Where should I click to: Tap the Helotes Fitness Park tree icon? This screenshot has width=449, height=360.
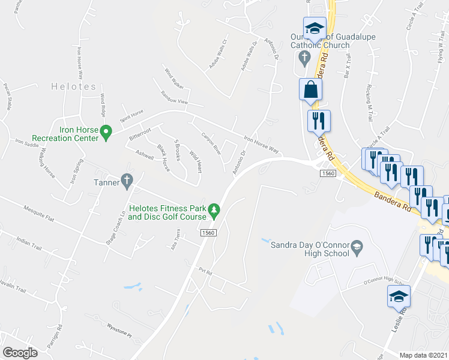pyautogui.click(x=214, y=209)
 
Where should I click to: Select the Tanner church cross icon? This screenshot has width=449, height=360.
pyautogui.click(x=126, y=179)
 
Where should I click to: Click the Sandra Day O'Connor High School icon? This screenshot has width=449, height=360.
pyautogui.click(x=356, y=247)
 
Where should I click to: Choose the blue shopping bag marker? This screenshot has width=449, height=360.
pyautogui.click(x=311, y=90)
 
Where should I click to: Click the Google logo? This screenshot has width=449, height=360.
pyautogui.click(x=20, y=352)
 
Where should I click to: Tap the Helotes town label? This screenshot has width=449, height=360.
pyautogui.click(x=73, y=86)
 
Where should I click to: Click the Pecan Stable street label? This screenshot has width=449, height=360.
pyautogui.click(x=7, y=97)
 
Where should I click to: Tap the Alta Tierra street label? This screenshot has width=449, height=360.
pyautogui.click(x=175, y=241)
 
